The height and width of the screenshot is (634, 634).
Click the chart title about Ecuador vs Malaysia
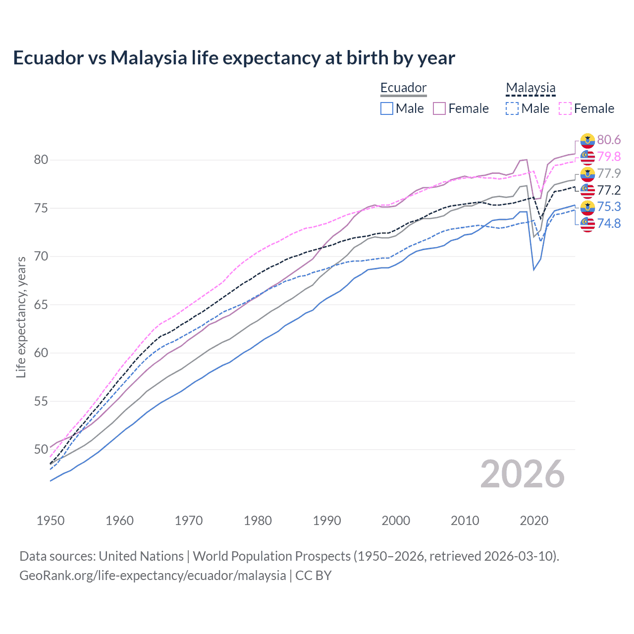tap(234, 58)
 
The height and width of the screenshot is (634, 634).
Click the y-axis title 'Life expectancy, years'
tap(21, 317)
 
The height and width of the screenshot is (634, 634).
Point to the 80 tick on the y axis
tap(41, 159)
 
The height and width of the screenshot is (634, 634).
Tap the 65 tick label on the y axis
tap(41, 305)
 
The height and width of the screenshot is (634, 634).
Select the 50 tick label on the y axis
tap(41, 450)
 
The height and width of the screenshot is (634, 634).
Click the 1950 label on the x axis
tap(51, 521)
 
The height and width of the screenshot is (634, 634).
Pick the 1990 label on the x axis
tap(327, 521)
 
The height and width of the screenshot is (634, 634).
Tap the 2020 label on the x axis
tap(534, 521)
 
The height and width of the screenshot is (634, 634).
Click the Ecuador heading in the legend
tap(403, 88)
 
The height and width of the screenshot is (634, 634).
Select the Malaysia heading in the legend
tap(530, 88)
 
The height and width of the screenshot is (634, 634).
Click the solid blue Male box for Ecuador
tap(387, 108)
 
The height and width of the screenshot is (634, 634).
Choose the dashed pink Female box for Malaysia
tap(565, 108)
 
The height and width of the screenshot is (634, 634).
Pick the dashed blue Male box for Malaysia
tap(512, 108)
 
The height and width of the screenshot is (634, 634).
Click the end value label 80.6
tap(609, 140)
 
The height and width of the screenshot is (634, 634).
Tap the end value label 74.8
tap(609, 224)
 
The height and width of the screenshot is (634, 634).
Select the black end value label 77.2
tap(609, 191)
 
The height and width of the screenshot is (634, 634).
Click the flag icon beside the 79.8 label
tap(587, 158)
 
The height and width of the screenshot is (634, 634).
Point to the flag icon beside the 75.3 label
tap(587, 208)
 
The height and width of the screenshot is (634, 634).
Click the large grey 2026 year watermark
tap(523, 474)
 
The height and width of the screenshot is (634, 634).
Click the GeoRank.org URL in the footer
tap(153, 576)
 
